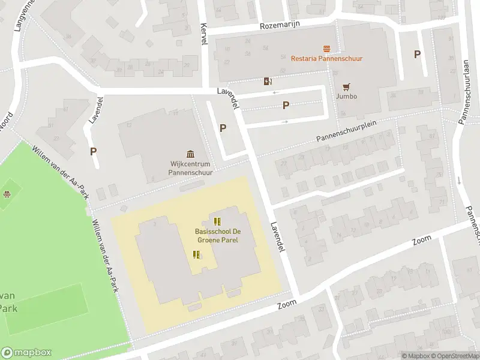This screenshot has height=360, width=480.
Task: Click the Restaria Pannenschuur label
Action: pyautogui.click(x=326, y=58)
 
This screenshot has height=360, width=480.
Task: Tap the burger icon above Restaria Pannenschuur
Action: pyautogui.click(x=326, y=48)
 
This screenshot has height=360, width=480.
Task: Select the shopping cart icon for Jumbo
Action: pyautogui.click(x=346, y=86)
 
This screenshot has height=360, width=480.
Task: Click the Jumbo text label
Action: pyautogui.click(x=346, y=96)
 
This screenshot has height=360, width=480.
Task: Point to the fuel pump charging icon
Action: pyautogui.click(x=268, y=81)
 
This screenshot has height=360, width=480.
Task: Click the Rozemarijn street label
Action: pyautogui.click(x=280, y=25)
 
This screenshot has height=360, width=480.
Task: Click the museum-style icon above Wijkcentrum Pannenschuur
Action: pyautogui.click(x=191, y=154)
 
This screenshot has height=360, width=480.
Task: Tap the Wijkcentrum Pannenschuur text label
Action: pyautogui.click(x=191, y=167)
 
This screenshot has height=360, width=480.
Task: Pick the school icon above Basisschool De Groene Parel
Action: pyautogui.click(x=217, y=221)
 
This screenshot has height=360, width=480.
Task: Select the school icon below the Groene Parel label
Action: pyautogui.click(x=196, y=255)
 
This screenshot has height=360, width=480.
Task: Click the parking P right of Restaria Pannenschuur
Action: pyautogui.click(x=417, y=54)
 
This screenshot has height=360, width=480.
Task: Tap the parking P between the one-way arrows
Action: pyautogui.click(x=286, y=106)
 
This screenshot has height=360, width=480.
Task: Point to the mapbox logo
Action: pyautogui.click(x=26, y=352)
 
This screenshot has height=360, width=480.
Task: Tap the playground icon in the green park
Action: pyautogui.click(x=7, y=194)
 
